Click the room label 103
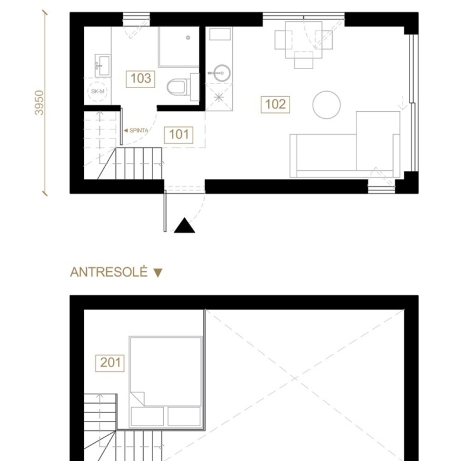[x=140, y=79]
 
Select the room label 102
[x=275, y=105]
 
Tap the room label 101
[x=178, y=135]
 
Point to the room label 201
[x=110, y=363]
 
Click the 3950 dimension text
[x=39, y=103]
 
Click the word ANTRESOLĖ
[x=109, y=272]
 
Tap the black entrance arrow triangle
[x=184, y=225]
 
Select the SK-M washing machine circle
[x=98, y=92]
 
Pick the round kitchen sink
[x=221, y=73]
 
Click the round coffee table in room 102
[x=326, y=105]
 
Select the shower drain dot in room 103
[x=188, y=38]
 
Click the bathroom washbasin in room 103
[x=103, y=66]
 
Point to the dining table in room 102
[x=304, y=40]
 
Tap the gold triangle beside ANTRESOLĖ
[x=158, y=273]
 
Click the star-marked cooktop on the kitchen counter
[x=219, y=97]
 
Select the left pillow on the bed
[x=147, y=416]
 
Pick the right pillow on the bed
[x=184, y=416]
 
